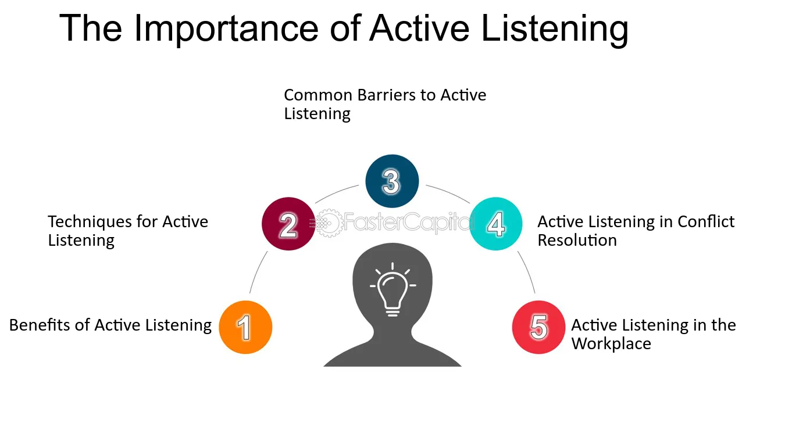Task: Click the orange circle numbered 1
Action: click(245, 327)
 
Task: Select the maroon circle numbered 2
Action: click(288, 224)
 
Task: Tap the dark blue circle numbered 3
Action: click(392, 181)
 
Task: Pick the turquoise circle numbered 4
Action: click(496, 224)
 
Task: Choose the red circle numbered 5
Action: click(538, 327)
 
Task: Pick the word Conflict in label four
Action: click(706, 221)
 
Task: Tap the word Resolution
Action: click(577, 240)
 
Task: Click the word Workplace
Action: click(611, 343)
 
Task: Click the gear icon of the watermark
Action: click(329, 223)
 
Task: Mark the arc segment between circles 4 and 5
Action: click(527, 271)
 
